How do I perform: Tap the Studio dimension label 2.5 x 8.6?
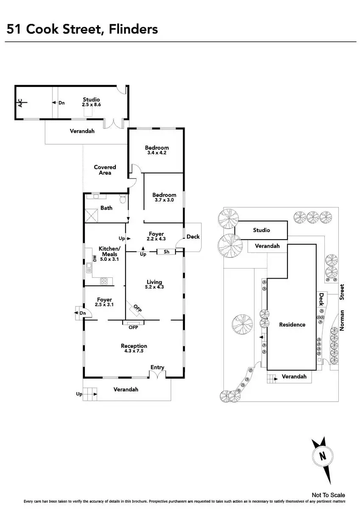[91, 104]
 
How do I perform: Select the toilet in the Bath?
[123, 199]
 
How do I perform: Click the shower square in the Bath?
[91, 215]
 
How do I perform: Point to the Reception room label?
[134, 346]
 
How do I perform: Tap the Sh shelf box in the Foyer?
[166, 252]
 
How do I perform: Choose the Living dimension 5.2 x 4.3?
[154, 287]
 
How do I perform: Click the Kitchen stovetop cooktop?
[104, 281]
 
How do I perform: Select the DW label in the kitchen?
[95, 258]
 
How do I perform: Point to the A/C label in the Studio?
[20, 103]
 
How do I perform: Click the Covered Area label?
[105, 170]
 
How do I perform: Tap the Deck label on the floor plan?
[193, 237]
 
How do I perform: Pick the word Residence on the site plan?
[292, 324]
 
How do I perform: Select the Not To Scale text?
[328, 495]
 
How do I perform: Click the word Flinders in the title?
[133, 29]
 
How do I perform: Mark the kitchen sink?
[89, 268]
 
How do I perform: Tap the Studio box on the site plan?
[261, 230]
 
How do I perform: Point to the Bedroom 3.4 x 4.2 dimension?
[157, 153]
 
